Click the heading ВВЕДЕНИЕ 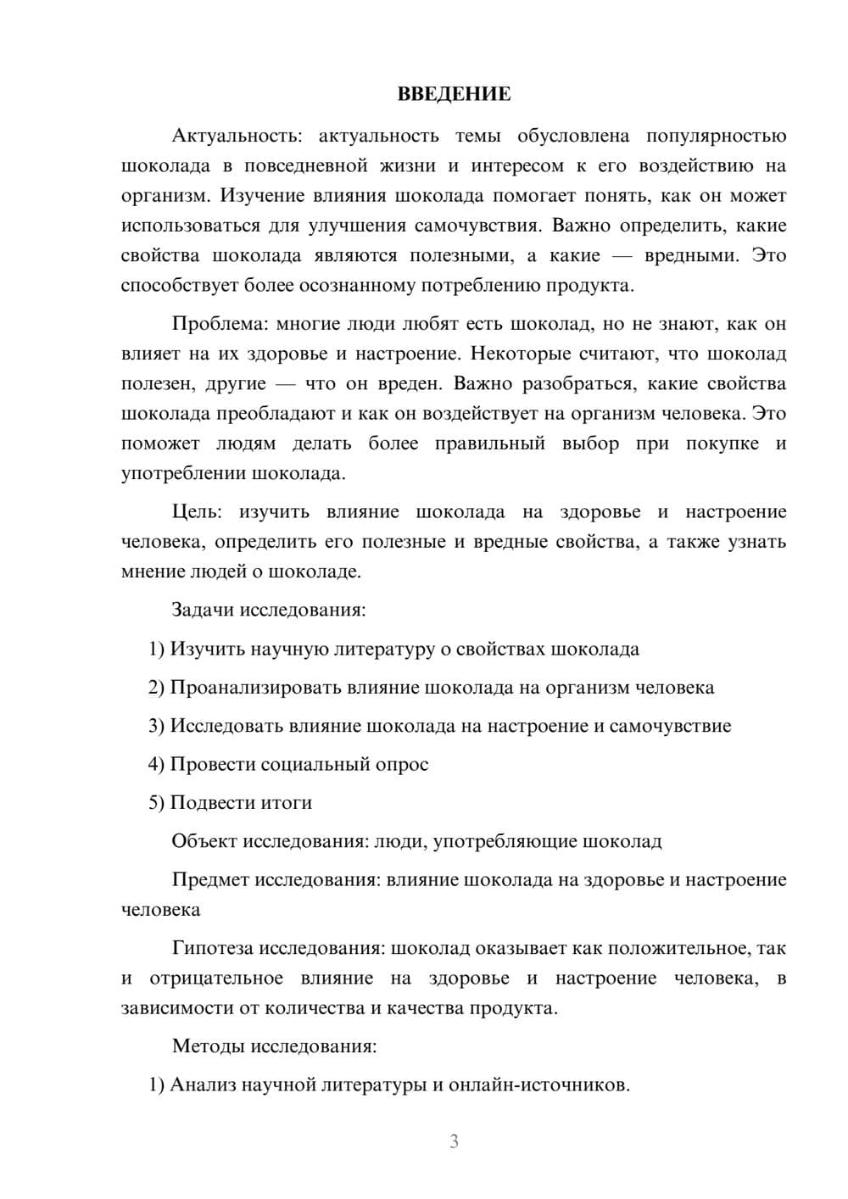[454, 94]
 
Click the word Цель [196, 512]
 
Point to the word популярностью [716, 136]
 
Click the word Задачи [204, 610]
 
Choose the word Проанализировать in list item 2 [255, 688]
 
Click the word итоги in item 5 [288, 803]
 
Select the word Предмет [210, 880]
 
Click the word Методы [208, 1046]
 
